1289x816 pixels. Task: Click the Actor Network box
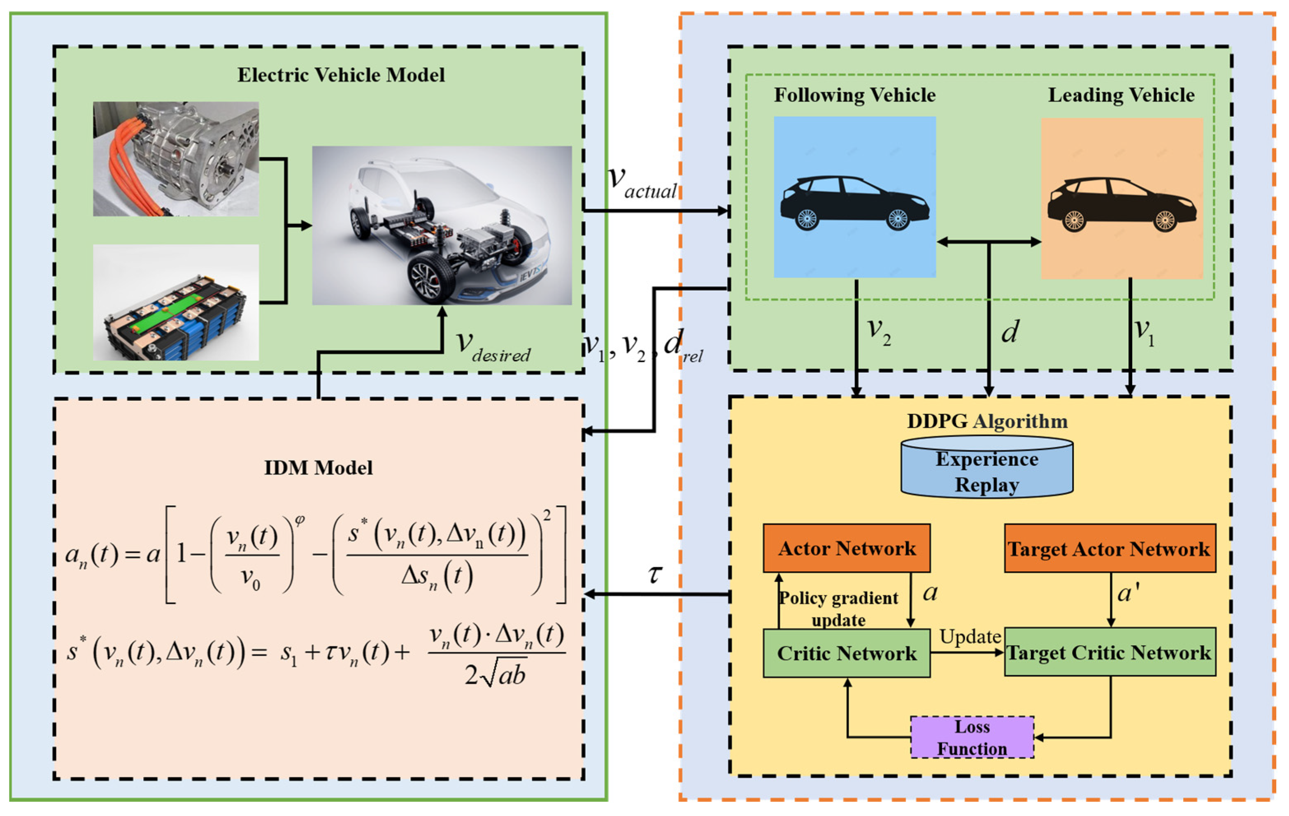click(846, 549)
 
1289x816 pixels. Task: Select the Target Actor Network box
click(1110, 549)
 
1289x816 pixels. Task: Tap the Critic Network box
click(846, 653)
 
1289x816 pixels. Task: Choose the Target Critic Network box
click(1110, 652)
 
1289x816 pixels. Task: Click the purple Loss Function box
click(972, 737)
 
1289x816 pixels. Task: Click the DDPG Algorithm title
click(987, 421)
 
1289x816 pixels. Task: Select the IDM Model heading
click(318, 467)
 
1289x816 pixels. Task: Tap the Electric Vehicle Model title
click(341, 75)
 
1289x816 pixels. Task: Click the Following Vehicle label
click(854, 95)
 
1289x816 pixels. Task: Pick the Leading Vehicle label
click(1121, 95)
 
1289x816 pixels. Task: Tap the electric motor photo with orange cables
click(176, 159)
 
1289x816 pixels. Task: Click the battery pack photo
click(176, 303)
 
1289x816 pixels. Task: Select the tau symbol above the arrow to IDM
click(655, 574)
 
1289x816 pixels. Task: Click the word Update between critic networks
click(970, 637)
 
